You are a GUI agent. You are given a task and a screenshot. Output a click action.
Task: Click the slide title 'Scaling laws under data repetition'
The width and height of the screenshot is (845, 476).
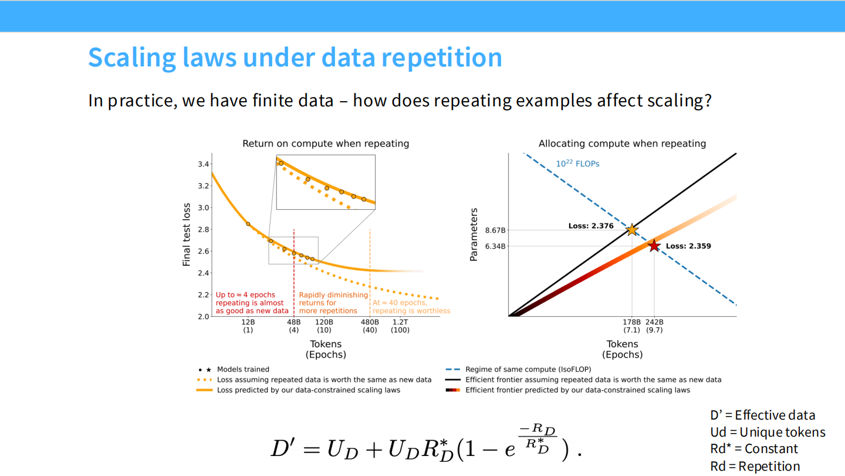[295, 57]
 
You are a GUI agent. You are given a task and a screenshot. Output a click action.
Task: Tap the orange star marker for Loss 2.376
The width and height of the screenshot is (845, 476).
[632, 230]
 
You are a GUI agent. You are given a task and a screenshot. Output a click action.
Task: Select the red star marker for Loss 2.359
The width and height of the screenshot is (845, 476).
[654, 246]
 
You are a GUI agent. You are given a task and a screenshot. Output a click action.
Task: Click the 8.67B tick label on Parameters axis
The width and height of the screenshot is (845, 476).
[495, 230]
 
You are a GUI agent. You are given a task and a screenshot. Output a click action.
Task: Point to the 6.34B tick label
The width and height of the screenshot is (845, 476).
[495, 246]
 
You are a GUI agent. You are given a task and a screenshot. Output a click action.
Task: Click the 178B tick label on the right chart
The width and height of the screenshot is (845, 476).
[632, 322]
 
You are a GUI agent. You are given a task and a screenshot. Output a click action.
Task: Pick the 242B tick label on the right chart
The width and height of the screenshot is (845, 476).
[654, 322]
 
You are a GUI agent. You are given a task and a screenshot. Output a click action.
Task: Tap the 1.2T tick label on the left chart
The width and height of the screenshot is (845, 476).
[400, 322]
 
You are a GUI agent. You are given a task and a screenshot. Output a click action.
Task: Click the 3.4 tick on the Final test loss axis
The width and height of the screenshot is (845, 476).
[203, 164]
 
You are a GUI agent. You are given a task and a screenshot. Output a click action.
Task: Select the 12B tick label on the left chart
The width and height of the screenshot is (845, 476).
[248, 322]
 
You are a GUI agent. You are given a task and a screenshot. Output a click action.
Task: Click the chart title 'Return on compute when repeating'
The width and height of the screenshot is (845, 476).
[326, 143]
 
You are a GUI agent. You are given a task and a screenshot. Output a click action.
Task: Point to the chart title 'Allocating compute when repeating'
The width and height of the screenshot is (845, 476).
[622, 143]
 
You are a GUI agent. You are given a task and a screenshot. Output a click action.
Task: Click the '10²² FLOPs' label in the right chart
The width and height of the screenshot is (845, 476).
[577, 164]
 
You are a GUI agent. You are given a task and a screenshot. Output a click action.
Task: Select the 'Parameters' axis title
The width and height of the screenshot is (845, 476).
[474, 234]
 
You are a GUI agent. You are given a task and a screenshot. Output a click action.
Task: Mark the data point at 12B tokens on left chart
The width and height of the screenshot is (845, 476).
[248, 224]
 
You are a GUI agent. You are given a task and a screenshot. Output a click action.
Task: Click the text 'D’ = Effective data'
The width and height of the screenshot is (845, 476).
[762, 415]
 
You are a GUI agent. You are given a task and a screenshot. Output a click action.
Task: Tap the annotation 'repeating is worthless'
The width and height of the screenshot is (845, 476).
[411, 311]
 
